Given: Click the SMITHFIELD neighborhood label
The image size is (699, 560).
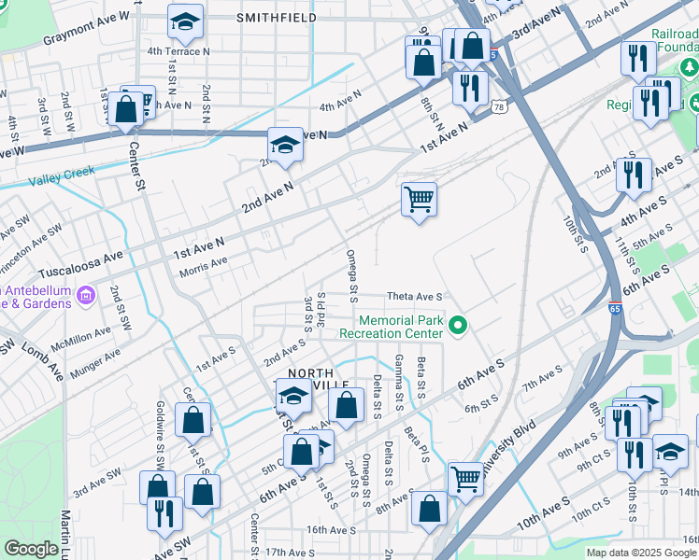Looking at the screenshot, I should [x=276, y=18].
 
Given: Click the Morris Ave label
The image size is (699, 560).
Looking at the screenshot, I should [x=203, y=262].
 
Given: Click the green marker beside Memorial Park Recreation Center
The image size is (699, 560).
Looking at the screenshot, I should [x=458, y=326].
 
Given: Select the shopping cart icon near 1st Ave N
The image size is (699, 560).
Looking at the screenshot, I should [x=419, y=198].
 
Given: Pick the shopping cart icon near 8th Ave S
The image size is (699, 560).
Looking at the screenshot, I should [x=465, y=479].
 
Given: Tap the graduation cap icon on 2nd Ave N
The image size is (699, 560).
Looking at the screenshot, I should [x=285, y=144].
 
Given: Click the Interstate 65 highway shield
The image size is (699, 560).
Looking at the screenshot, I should [x=613, y=333].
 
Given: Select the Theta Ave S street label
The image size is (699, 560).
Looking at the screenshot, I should [x=413, y=296].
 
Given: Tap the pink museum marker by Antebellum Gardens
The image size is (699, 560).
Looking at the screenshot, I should [x=85, y=296].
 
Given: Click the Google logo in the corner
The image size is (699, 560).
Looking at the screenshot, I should [x=31, y=549].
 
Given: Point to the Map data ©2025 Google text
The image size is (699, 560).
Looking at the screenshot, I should [x=641, y=553].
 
